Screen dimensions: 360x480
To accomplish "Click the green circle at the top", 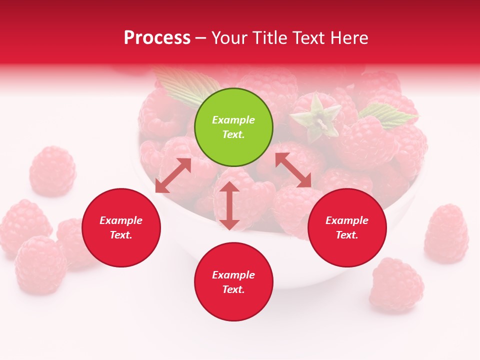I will pos(233,127).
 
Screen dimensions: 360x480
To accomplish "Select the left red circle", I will pos(121,228).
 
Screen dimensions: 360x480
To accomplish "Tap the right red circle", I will pos(347,228).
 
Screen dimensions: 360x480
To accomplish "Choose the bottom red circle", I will pos(233,282).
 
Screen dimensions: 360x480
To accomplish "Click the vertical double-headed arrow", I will pos(229,205).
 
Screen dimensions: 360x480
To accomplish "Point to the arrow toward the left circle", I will pos(173,175).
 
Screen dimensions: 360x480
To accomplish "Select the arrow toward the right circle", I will pos(293,170).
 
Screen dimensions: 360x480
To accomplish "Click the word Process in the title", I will pos(157,38).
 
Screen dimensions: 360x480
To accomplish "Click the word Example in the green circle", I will pos(233,120).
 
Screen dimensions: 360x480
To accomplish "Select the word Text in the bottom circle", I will pos(233,289).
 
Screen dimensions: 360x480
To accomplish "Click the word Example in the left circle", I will pos(121,220).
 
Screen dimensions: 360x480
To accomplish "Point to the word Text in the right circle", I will pos(347,235).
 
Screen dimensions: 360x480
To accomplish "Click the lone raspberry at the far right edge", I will pos(446,233).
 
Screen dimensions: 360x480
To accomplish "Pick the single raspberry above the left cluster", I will pos(52,171).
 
